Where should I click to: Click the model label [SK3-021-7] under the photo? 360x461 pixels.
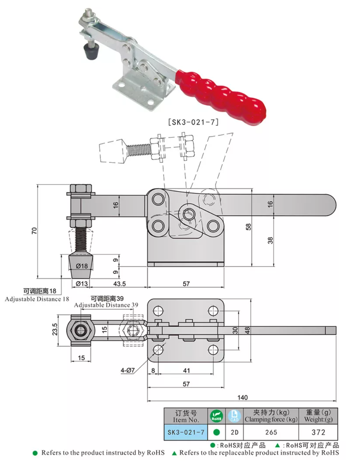click(193, 122)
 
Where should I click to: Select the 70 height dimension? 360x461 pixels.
click(34, 231)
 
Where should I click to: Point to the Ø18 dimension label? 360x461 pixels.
click(82, 266)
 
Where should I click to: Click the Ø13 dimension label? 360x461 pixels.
click(82, 284)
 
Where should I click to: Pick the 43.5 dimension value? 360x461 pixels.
click(119, 284)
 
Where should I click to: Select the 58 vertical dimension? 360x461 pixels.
click(248, 227)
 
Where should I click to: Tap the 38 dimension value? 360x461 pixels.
click(270, 240)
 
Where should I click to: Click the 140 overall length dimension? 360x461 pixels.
click(242, 397)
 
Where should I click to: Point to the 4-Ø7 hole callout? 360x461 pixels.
click(127, 370)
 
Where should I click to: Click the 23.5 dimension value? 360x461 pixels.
click(55, 329)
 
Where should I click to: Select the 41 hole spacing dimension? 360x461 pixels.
click(186, 370)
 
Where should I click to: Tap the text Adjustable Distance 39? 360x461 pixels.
click(106, 305)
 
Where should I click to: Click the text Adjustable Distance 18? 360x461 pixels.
click(37, 299)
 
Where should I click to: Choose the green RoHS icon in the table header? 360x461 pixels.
click(216, 416)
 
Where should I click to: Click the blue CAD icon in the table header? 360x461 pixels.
click(234, 416)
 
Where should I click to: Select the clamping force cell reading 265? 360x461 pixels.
click(271, 432)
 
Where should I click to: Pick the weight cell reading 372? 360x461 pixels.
click(318, 432)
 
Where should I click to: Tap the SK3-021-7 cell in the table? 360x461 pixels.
click(186, 432)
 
